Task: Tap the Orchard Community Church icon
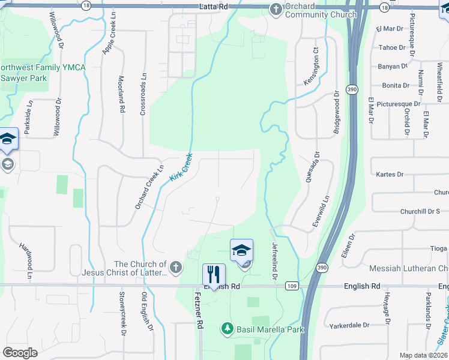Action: pyautogui.click(x=276, y=8)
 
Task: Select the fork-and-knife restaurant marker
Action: pyautogui.click(x=214, y=275)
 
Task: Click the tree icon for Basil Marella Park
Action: pyautogui.click(x=227, y=328)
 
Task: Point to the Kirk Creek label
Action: pyautogui.click(x=181, y=167)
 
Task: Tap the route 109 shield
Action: pyautogui.click(x=292, y=287)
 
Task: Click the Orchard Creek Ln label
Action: pyautogui.click(x=149, y=188)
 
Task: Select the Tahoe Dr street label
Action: pyautogui.click(x=393, y=47)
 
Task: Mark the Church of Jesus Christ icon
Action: pyautogui.click(x=175, y=267)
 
